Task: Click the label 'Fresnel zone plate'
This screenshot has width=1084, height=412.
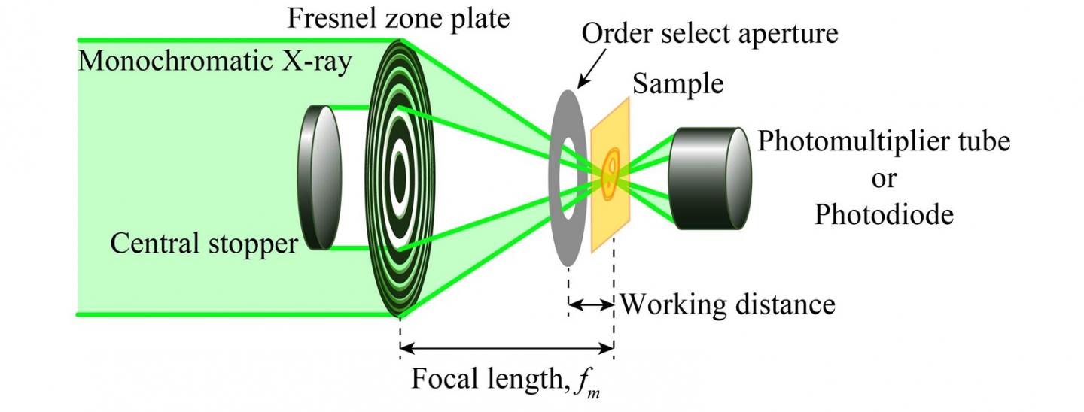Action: click(398, 17)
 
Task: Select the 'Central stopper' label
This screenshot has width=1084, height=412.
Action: click(204, 244)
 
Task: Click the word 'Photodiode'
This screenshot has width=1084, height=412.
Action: click(884, 215)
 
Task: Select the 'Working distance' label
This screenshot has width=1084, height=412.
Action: click(726, 304)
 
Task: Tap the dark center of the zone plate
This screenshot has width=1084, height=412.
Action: click(399, 177)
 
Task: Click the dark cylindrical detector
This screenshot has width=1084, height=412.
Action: click(708, 178)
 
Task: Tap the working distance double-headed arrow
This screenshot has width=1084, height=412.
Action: click(591, 304)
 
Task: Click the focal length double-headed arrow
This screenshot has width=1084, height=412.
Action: click(507, 348)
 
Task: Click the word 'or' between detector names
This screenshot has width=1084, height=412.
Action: click(884, 178)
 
